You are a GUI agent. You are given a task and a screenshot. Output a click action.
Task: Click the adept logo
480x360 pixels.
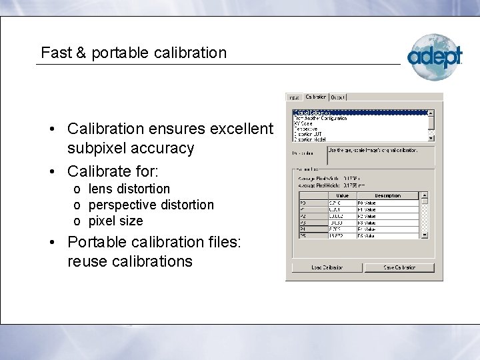click(434, 56)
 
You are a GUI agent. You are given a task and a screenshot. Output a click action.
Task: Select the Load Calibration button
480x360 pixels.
click(327, 267)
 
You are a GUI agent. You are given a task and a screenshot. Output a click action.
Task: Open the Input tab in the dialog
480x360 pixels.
click(295, 97)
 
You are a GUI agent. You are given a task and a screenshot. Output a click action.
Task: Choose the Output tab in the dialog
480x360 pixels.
click(338, 97)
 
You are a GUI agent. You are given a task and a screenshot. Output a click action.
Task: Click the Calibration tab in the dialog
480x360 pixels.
click(316, 97)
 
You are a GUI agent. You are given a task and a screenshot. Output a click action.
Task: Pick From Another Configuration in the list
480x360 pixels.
click(320, 118)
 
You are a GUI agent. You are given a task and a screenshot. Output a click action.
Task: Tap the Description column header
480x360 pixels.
click(387, 195)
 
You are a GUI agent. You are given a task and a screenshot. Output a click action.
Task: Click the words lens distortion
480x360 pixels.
click(129, 189)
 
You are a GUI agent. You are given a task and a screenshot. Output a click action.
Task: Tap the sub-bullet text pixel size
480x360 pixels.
click(116, 220)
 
